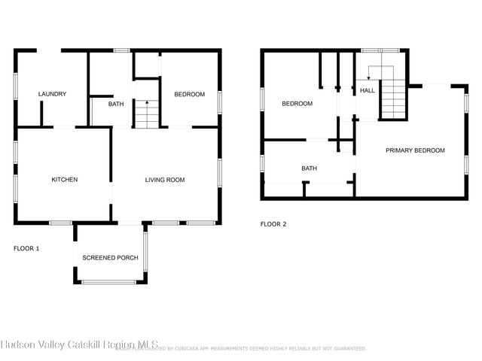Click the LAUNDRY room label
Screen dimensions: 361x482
pos(53,94)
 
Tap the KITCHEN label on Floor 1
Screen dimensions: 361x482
pos(64,180)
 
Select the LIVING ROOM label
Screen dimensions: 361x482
pos(165,180)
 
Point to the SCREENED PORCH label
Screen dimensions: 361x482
pos(110,258)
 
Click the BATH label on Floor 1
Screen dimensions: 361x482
pos(116,104)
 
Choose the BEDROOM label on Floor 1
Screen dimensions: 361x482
pos(189,94)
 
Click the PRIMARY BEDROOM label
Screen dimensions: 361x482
pos(415,150)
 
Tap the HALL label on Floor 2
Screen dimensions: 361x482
pos(368,90)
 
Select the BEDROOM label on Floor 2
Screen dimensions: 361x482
pos(297,104)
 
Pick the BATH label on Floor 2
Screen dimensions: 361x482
pos(309,168)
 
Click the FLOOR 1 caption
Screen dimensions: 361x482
pos(26,247)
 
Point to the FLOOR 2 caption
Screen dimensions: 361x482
pos(273,224)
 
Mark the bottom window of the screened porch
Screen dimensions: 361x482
pos(109,282)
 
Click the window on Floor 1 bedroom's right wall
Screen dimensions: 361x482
pos(220,101)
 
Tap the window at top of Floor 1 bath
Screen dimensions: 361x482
pos(121,50)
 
